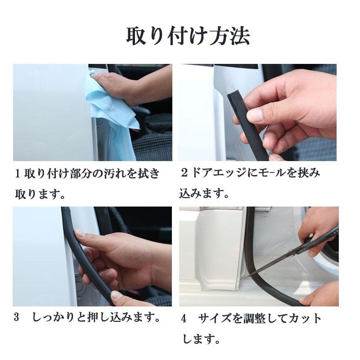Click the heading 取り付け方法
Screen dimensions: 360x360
188,36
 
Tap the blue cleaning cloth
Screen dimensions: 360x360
110,115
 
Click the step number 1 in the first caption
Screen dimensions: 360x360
18,174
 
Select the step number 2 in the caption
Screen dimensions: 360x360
184,173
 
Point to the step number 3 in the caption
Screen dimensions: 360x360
17,317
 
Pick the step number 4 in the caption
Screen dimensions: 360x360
184,319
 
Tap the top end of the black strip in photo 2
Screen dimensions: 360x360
234,93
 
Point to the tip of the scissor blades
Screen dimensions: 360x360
246,278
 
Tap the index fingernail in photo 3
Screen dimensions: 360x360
80,234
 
